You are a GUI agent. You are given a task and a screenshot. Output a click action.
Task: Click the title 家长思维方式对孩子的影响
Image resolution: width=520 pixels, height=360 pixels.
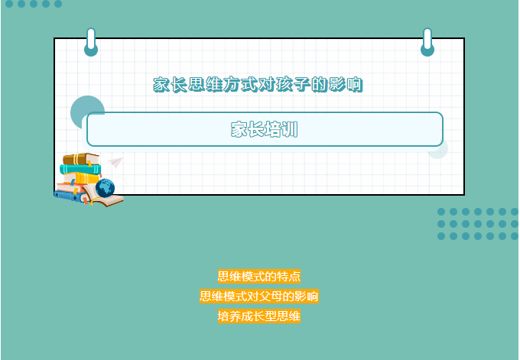(x=258, y=85)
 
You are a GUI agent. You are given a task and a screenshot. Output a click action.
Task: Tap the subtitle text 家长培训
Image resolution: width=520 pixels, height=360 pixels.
(x=265, y=129)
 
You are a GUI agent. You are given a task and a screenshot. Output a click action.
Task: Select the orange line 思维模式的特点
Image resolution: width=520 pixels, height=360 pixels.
(x=259, y=276)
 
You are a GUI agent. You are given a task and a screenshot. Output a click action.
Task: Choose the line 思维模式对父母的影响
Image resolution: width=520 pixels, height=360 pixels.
(x=259, y=296)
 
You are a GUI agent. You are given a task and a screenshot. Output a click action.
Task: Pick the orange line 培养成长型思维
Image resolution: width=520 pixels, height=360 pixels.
(x=259, y=316)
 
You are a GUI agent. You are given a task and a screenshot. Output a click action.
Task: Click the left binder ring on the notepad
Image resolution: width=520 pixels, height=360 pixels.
(x=91, y=43)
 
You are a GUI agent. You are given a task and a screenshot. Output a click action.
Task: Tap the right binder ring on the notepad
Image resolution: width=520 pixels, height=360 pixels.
(x=427, y=43)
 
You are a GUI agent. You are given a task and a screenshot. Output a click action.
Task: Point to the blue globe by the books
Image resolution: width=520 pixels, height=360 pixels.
(x=105, y=188)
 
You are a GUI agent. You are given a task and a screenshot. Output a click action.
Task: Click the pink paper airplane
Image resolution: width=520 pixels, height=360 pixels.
(x=115, y=163)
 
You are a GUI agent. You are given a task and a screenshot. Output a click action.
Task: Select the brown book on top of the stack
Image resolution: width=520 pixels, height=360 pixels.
(x=81, y=159)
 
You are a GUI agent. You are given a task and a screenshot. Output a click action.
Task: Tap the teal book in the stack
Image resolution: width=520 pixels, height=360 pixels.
(x=80, y=170)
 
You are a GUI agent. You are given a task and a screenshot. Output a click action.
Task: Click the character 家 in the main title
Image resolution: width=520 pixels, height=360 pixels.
(x=161, y=85)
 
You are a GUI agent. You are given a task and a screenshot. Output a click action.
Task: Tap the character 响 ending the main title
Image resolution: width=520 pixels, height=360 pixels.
(x=355, y=85)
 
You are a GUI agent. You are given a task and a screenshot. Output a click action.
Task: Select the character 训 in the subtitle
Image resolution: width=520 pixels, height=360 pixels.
(x=290, y=129)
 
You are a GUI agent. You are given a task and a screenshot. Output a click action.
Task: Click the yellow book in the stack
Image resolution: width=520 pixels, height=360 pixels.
(x=84, y=178)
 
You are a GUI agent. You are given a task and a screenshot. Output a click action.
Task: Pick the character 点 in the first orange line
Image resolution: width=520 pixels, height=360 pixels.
(x=295, y=276)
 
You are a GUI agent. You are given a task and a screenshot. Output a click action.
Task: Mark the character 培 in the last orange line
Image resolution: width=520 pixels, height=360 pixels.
(x=223, y=316)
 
